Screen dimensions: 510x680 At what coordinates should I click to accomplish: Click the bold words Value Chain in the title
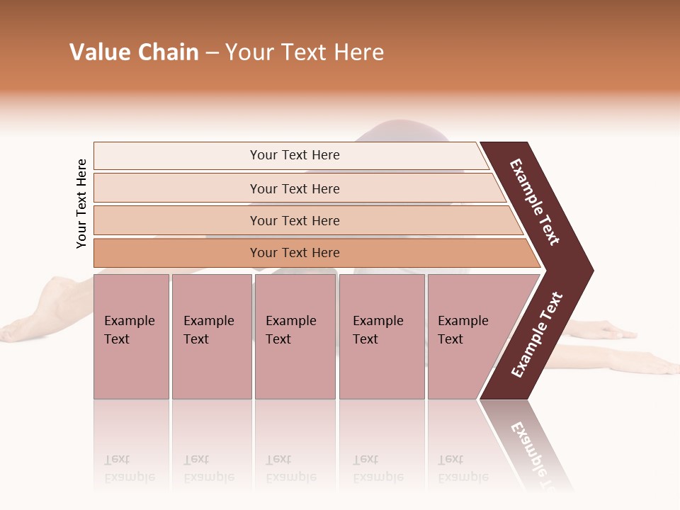[134, 52]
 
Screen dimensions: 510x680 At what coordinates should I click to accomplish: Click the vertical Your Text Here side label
[82, 204]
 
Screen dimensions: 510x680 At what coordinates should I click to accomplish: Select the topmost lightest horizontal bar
[295, 155]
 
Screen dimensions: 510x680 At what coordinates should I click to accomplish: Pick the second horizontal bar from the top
[295, 188]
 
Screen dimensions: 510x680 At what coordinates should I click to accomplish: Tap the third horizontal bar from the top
[295, 220]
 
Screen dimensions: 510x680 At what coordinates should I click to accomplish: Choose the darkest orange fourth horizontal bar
[295, 253]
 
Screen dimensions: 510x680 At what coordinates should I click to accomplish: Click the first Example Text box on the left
[131, 336]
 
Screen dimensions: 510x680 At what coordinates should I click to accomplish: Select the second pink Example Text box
[211, 336]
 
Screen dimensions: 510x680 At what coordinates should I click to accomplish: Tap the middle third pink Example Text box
[295, 336]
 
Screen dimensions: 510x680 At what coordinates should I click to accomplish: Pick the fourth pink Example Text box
[382, 336]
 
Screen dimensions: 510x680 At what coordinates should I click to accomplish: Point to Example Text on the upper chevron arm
[535, 202]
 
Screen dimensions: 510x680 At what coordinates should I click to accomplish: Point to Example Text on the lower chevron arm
[537, 334]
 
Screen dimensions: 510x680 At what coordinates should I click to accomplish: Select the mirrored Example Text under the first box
[130, 468]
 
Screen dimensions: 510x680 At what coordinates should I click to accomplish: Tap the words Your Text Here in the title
[305, 52]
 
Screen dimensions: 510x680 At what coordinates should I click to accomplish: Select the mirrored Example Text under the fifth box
[463, 468]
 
